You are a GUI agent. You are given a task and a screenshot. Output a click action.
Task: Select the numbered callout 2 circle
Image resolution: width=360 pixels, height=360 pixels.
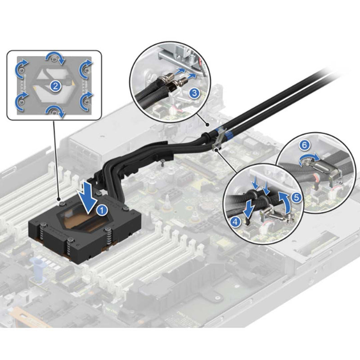pos(54,86)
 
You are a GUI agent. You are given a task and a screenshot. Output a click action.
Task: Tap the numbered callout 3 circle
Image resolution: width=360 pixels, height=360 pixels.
pos(194,94)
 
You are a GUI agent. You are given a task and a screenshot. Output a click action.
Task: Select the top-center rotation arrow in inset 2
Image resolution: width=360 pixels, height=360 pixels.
pos(54,57)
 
